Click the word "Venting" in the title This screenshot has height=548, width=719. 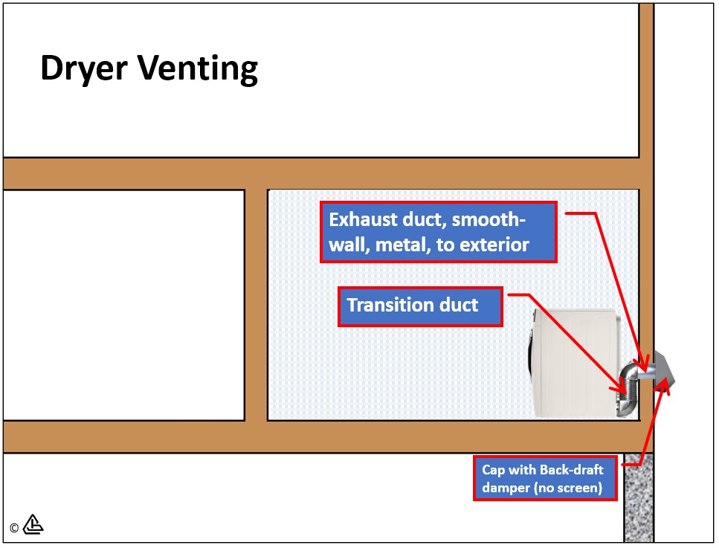(198, 69)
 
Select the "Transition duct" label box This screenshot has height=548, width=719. (420, 306)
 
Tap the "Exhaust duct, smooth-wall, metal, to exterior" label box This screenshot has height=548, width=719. (439, 232)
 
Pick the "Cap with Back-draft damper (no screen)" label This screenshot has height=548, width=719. (545, 478)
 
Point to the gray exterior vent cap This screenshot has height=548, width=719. (663, 369)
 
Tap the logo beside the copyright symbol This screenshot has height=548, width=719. (33, 525)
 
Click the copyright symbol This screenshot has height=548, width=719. (14, 528)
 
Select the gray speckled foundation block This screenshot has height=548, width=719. (638, 498)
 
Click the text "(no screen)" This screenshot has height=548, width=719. (567, 488)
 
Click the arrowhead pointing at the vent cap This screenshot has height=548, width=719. (665, 384)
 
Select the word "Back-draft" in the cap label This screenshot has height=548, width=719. (572, 470)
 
